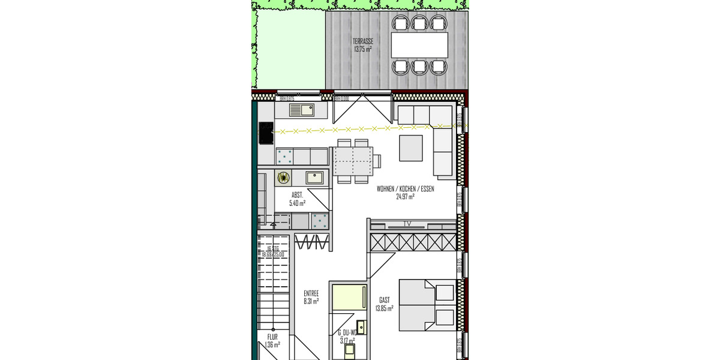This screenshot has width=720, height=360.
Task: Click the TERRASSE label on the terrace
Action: pos(363,41)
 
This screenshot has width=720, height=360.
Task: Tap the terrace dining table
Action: pos(419,43)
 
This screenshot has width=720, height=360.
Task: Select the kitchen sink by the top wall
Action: pos(302,110)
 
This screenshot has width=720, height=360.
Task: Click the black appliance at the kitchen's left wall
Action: pos(266,133)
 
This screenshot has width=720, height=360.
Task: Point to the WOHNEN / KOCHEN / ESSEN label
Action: pos(405,188)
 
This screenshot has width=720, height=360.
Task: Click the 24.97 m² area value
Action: pos(405,196)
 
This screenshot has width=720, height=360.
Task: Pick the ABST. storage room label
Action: pos(297,196)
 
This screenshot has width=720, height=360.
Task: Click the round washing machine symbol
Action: pos(283,177)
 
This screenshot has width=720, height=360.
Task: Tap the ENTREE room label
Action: pos(311,293)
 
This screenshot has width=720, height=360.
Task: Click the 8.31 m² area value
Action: pos(311,301)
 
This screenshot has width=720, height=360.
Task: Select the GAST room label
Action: pos(384,300)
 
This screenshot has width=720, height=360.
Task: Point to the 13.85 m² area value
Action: pos(384,308)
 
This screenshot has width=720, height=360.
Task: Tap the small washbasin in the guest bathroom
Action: pos(361,326)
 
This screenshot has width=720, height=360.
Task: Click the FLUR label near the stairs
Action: pos(272,337)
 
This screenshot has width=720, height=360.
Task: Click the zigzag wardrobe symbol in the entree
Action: pos(312,242)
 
